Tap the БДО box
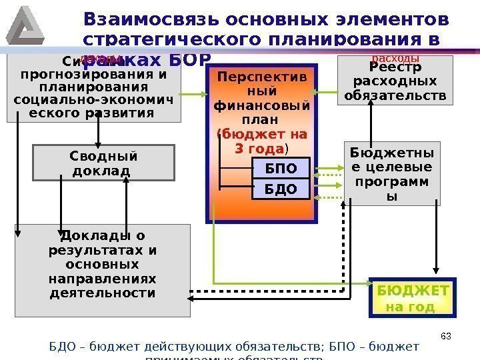click(282, 189)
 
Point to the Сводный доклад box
click(103, 163)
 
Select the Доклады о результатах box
click(103, 270)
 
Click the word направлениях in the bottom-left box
click(103, 279)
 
